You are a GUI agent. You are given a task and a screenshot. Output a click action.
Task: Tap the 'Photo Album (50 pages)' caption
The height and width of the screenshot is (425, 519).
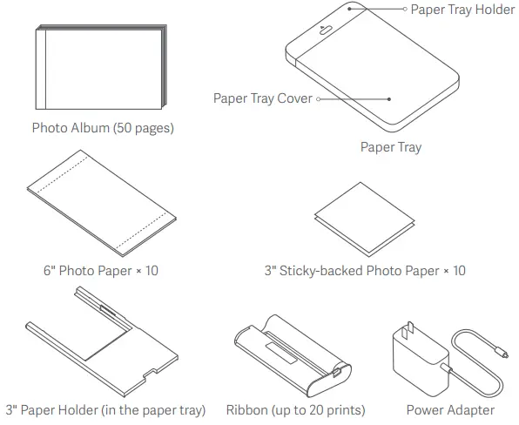[103, 128]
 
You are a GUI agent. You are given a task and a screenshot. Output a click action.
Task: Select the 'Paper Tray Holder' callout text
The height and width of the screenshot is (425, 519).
[462, 10]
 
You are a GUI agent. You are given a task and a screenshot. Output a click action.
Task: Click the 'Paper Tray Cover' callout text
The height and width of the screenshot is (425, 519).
[262, 98]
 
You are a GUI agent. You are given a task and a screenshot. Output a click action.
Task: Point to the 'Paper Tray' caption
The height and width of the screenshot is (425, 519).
[390, 147]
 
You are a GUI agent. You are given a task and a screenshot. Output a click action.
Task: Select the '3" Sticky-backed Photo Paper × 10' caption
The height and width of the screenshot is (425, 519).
[365, 271]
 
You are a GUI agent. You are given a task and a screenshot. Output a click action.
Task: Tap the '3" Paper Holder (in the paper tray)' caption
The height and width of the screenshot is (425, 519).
[105, 409]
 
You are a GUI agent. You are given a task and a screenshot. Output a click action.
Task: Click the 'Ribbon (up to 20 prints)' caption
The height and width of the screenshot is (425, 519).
[295, 409]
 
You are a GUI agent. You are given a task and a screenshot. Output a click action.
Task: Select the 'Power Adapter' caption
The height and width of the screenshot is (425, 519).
[450, 409]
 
